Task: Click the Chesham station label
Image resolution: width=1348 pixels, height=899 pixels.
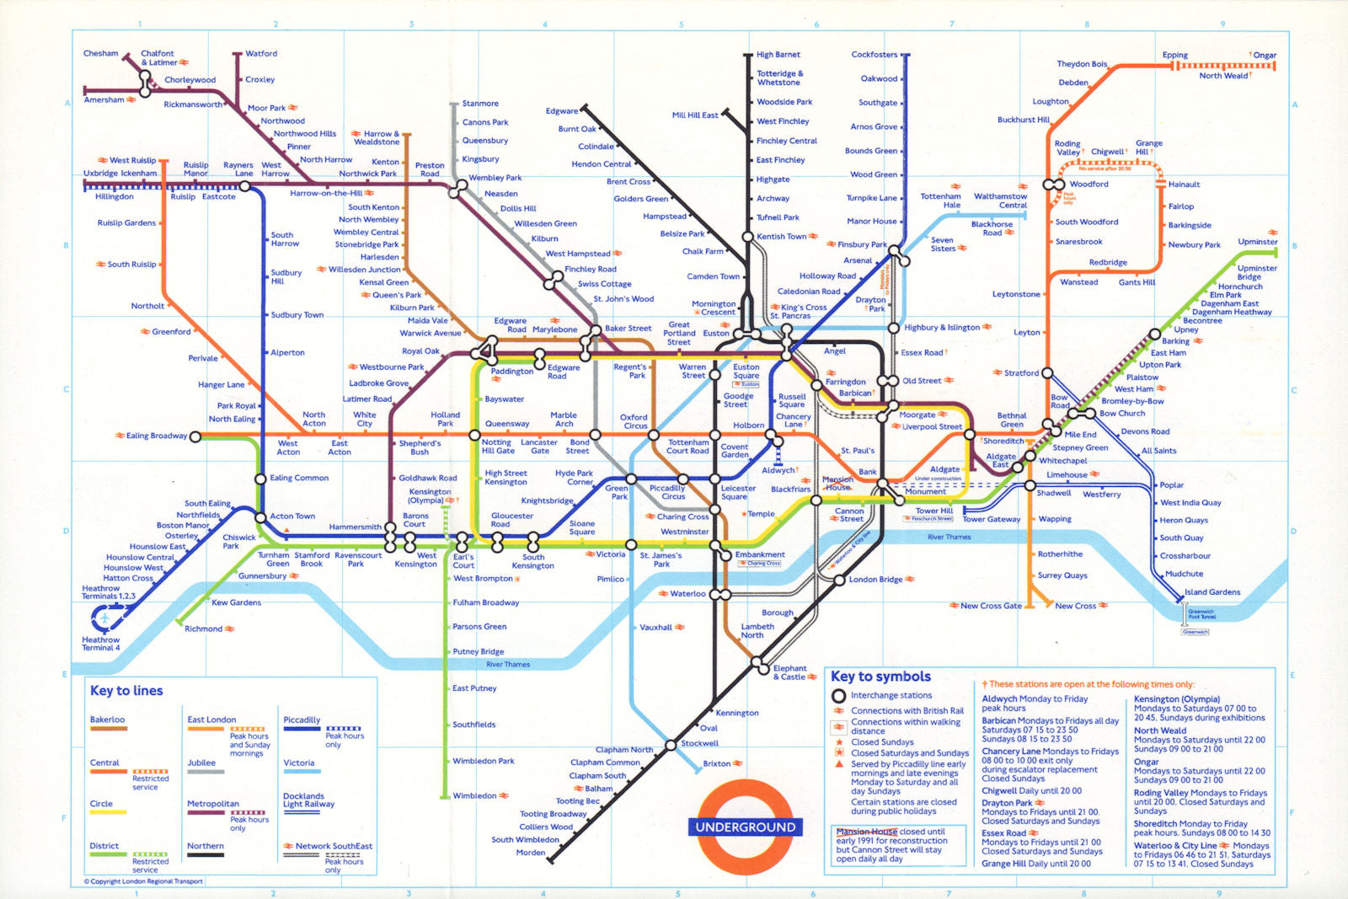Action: [100, 53]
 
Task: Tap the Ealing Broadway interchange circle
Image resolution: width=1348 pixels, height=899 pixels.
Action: [195, 436]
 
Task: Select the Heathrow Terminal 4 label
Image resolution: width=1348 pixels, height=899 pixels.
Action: [100, 644]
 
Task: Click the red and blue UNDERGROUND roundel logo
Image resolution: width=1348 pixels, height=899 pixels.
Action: [745, 827]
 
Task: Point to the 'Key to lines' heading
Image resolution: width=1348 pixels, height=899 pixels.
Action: [126, 691]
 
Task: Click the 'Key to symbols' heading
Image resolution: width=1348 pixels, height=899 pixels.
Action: [880, 677]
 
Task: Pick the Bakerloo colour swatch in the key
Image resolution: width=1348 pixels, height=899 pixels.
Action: [108, 728]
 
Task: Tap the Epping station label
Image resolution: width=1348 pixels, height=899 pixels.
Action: [1174, 55]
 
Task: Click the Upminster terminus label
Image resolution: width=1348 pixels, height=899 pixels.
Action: [1257, 242]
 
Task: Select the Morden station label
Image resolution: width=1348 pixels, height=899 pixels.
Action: [530, 853]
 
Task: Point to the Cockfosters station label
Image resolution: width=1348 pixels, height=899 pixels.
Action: [874, 55]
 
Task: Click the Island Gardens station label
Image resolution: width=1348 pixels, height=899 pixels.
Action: [1212, 592]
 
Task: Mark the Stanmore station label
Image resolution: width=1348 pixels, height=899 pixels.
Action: [480, 104]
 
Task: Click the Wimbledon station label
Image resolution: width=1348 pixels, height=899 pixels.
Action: [474, 795]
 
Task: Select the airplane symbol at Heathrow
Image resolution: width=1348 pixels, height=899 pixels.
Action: [104, 619]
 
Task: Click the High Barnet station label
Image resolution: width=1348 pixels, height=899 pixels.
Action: [778, 55]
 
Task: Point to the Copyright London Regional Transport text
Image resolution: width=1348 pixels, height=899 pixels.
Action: [143, 881]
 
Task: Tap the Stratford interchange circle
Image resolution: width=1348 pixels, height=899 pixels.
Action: [1047, 372]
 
